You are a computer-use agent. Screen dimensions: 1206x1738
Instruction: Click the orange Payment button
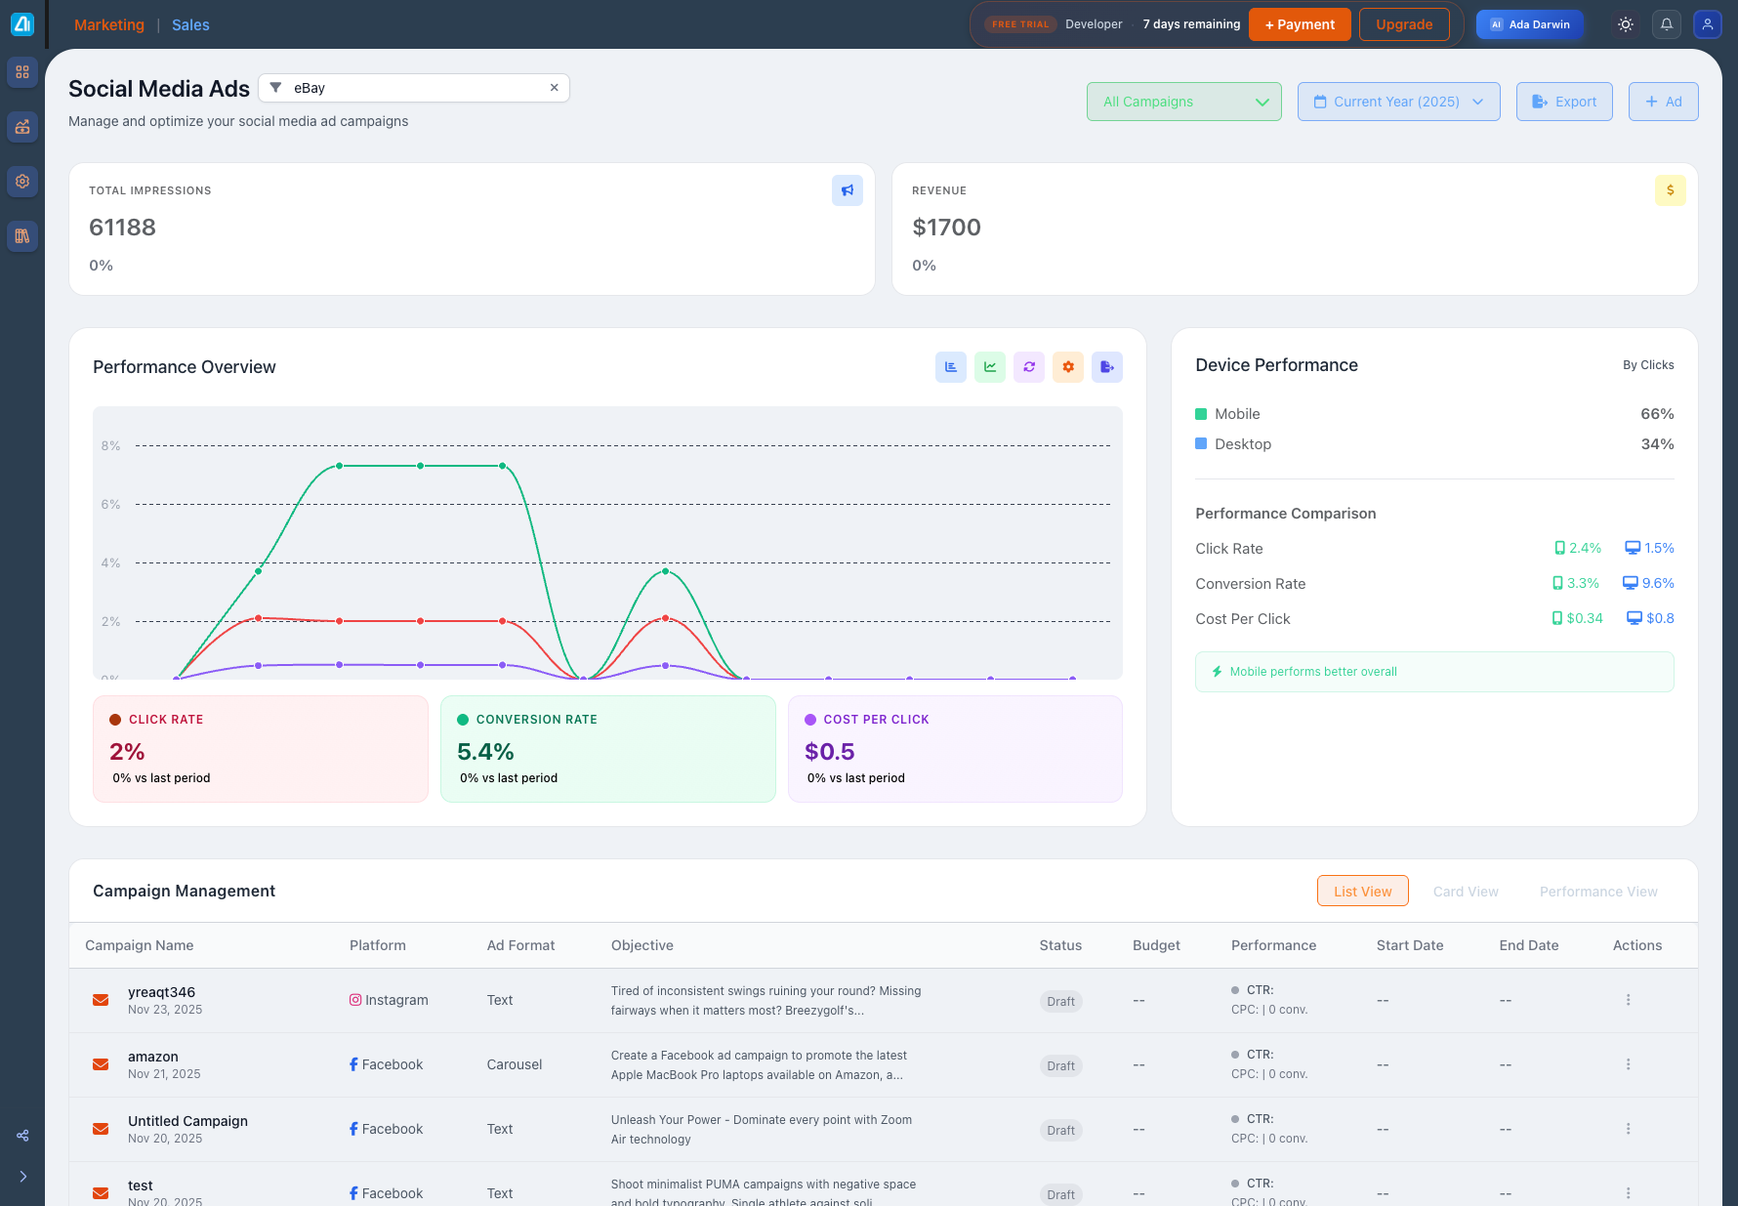pyautogui.click(x=1299, y=24)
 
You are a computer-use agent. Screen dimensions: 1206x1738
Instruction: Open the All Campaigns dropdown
pyautogui.click(x=1183, y=102)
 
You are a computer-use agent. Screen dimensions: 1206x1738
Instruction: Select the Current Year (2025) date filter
pyautogui.click(x=1398, y=102)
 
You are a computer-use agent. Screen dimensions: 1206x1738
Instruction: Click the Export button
pyautogui.click(x=1563, y=102)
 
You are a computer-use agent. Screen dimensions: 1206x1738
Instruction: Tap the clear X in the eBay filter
pyautogui.click(x=554, y=88)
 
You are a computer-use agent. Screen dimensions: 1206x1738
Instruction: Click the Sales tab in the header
pyautogui.click(x=190, y=25)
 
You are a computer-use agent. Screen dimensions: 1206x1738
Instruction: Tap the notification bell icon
pyautogui.click(x=1667, y=24)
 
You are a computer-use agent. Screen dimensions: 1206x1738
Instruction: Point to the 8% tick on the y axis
pyautogui.click(x=111, y=446)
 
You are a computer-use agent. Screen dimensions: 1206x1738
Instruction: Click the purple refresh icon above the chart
pyautogui.click(x=1028, y=367)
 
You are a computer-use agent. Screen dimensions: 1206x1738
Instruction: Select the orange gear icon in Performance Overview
pyautogui.click(x=1067, y=367)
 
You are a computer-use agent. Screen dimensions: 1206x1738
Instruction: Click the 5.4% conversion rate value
pyautogui.click(x=485, y=752)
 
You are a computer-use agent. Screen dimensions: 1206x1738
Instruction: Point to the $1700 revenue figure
pyautogui.click(x=946, y=228)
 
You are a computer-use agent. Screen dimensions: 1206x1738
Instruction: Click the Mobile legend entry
pyautogui.click(x=1236, y=414)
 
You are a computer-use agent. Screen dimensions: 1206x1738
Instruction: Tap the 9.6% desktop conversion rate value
pyautogui.click(x=1657, y=583)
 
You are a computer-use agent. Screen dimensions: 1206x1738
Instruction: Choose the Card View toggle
pyautogui.click(x=1465, y=892)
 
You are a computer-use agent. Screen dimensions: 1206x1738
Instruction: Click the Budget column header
pyautogui.click(x=1156, y=945)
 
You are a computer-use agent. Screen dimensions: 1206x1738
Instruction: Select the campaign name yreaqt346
pyautogui.click(x=161, y=992)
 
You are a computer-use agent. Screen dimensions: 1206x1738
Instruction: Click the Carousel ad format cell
pyautogui.click(x=515, y=1064)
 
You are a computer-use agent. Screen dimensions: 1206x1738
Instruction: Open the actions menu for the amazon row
pyautogui.click(x=1628, y=1064)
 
